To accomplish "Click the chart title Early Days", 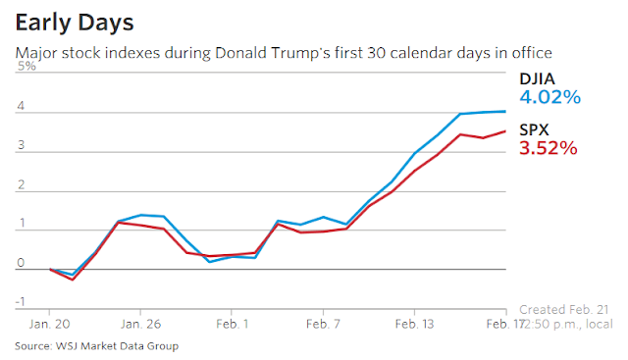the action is tap(75, 24).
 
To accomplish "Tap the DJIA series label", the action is tap(537, 78).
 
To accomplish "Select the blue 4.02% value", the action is tap(549, 97).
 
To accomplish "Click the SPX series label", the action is tap(534, 129).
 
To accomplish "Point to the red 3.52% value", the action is tap(549, 148).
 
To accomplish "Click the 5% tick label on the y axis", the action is tap(26, 66).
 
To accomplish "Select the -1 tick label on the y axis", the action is tap(20, 301).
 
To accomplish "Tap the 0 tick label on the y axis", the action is tap(21, 263).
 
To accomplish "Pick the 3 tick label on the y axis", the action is tap(21, 145).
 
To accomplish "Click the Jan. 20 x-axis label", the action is tap(49, 324).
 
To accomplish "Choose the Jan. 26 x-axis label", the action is tap(140, 324).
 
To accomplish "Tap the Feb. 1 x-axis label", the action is tap(232, 324).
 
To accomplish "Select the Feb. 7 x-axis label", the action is tap(323, 324).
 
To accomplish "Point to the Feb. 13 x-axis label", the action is tap(414, 324).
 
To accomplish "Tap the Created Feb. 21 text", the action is tap(564, 310).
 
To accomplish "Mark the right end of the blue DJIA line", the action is tap(505, 111).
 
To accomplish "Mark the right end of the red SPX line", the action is tap(505, 130).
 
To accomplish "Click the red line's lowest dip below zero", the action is tap(73, 280).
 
